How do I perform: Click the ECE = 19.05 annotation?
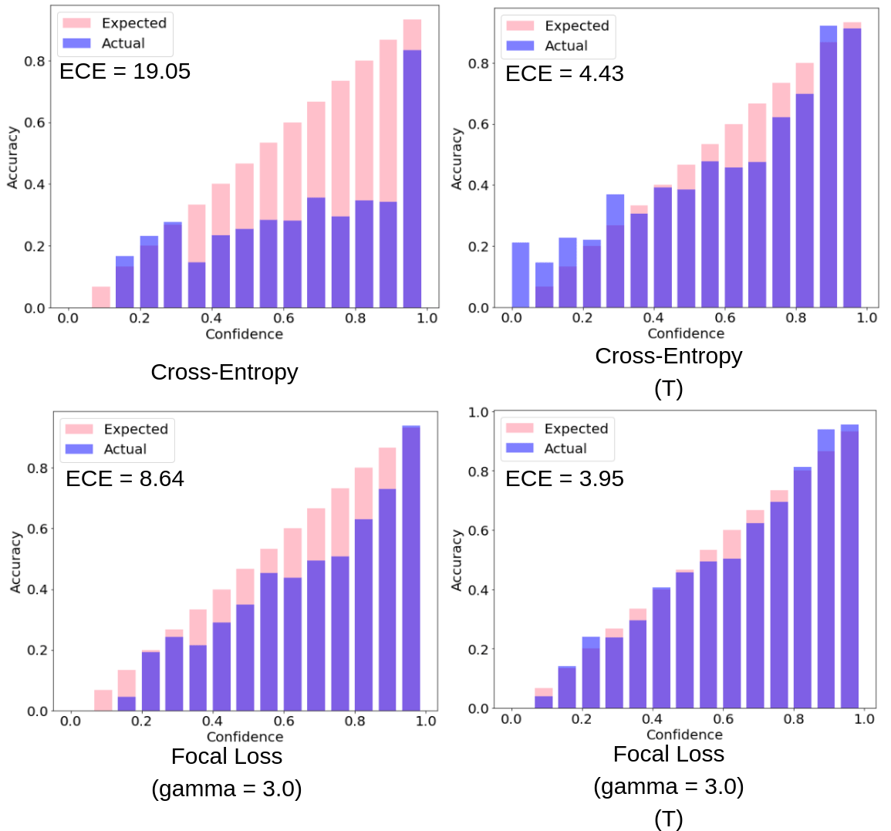(124, 71)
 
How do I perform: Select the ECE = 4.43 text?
(564, 73)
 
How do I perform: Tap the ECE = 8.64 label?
(124, 478)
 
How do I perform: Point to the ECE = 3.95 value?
(564, 478)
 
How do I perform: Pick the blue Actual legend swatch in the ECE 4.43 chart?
(520, 46)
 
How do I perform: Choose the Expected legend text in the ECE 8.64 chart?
(136, 429)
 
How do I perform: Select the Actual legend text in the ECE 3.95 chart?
(565, 448)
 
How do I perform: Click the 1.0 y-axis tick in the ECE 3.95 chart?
(478, 412)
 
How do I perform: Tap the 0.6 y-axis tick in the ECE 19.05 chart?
(35, 123)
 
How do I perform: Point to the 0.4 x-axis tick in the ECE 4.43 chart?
(653, 318)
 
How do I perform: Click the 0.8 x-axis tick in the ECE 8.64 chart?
(355, 721)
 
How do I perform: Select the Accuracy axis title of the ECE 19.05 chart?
(12, 158)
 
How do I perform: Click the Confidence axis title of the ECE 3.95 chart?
(684, 735)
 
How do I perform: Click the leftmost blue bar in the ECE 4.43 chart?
(521, 275)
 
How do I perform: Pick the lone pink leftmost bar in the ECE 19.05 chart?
(101, 297)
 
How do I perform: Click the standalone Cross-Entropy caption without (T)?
(224, 372)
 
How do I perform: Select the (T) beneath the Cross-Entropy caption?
(668, 388)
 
